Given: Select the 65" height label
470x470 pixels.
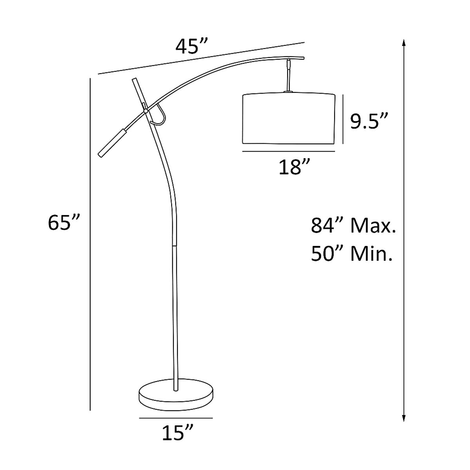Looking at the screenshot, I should click(x=64, y=223).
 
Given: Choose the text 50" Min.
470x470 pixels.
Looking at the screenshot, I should click(x=352, y=254).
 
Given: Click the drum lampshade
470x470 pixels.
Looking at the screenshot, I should click(x=289, y=118).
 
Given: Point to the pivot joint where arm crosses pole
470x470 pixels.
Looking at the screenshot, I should click(x=146, y=111).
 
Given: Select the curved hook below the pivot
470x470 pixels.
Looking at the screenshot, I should click(x=161, y=117).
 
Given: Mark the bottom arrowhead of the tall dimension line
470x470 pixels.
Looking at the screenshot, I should click(x=403, y=419).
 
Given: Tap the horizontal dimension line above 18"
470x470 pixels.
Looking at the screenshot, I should click(x=289, y=151).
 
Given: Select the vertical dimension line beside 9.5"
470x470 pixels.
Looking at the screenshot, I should click(x=343, y=119).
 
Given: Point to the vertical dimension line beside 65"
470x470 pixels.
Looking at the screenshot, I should click(x=90, y=243).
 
